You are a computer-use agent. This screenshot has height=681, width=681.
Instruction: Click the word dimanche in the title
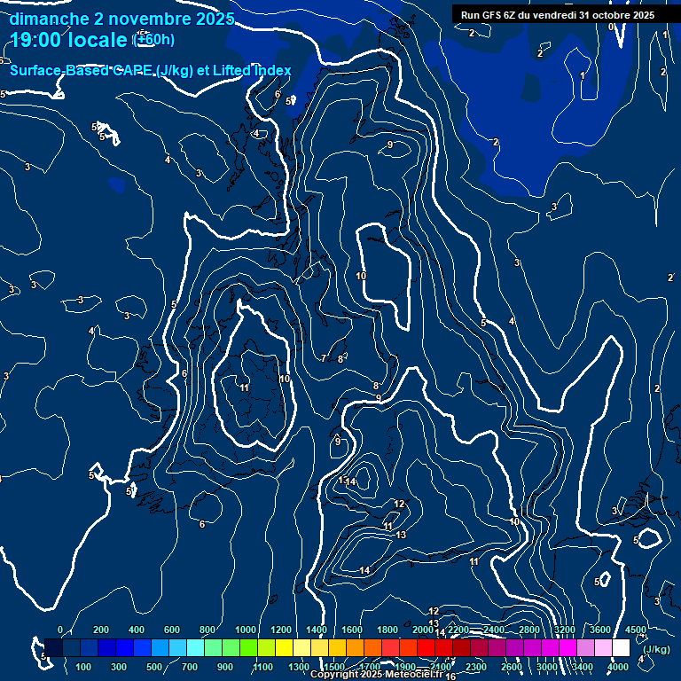48,19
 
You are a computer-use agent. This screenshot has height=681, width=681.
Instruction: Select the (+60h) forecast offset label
153,40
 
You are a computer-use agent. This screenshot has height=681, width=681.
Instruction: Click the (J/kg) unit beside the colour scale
655,650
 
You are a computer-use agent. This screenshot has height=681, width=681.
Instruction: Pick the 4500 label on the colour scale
635,630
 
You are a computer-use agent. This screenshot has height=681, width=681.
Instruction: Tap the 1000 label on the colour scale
246,630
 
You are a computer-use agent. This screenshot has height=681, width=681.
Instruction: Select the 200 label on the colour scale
101,630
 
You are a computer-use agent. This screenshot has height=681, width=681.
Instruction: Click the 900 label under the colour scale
225,667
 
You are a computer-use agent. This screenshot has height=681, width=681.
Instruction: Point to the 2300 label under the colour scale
475,667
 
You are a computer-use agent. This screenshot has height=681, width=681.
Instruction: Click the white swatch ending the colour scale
620,648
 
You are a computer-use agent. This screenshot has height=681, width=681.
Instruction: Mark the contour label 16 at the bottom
450,677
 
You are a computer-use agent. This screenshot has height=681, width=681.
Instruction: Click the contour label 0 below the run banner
611,27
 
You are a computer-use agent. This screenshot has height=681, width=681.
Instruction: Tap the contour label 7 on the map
324,358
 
